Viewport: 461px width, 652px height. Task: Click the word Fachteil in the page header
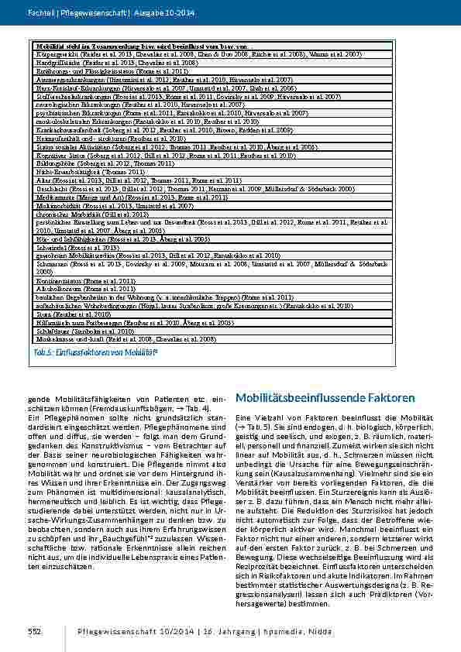pyautogui.click(x=40, y=13)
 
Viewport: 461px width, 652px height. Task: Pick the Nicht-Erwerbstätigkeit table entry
pyautogui.click(x=58, y=171)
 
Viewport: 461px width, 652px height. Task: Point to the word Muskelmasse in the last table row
pyautogui.click(x=52, y=339)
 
